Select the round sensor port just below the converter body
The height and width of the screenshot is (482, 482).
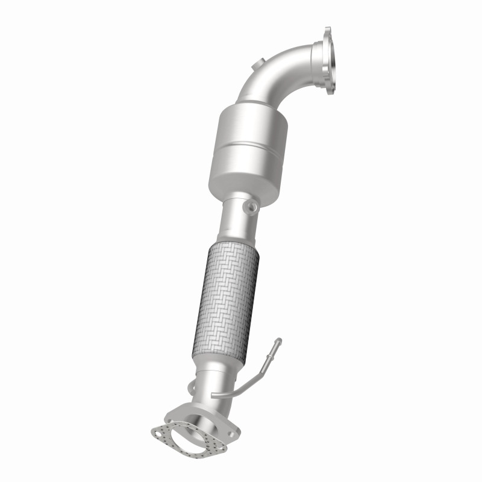click(x=249, y=207)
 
